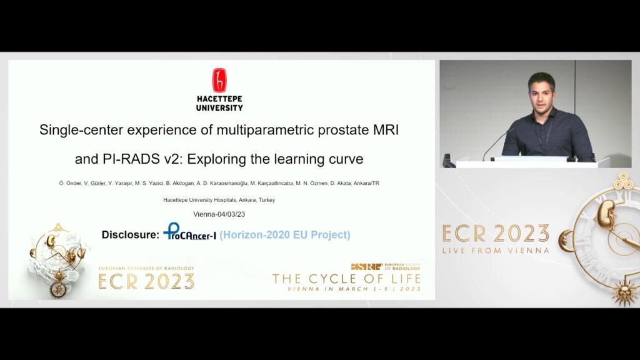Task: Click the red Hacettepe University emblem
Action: (x=219, y=80)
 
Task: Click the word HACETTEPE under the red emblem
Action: (x=219, y=99)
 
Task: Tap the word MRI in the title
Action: (x=386, y=130)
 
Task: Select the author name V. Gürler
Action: (x=95, y=183)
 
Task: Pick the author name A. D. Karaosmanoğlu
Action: (x=222, y=183)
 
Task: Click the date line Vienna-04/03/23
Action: (x=219, y=214)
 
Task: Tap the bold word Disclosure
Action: (x=130, y=235)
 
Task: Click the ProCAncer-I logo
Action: (x=189, y=232)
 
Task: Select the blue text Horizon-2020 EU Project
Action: (x=285, y=235)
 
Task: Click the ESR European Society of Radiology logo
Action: (x=386, y=267)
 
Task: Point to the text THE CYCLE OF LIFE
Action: (x=346, y=279)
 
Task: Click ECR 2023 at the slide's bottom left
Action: (x=146, y=282)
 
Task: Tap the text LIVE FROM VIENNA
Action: (x=496, y=250)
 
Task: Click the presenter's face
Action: (x=541, y=94)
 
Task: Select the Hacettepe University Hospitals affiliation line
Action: (x=219, y=200)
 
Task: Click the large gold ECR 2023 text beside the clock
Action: (x=496, y=234)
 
